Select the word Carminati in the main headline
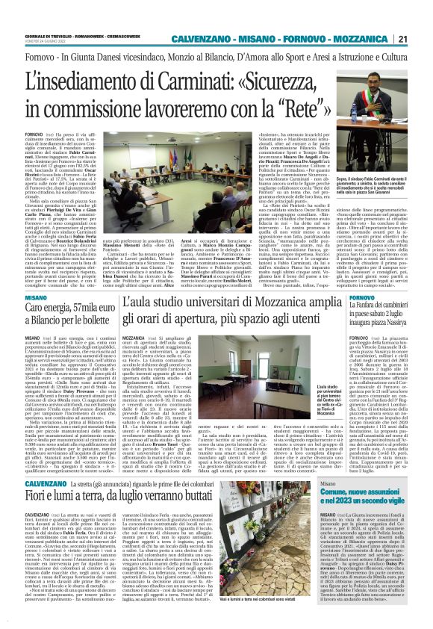[x=213, y=80]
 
